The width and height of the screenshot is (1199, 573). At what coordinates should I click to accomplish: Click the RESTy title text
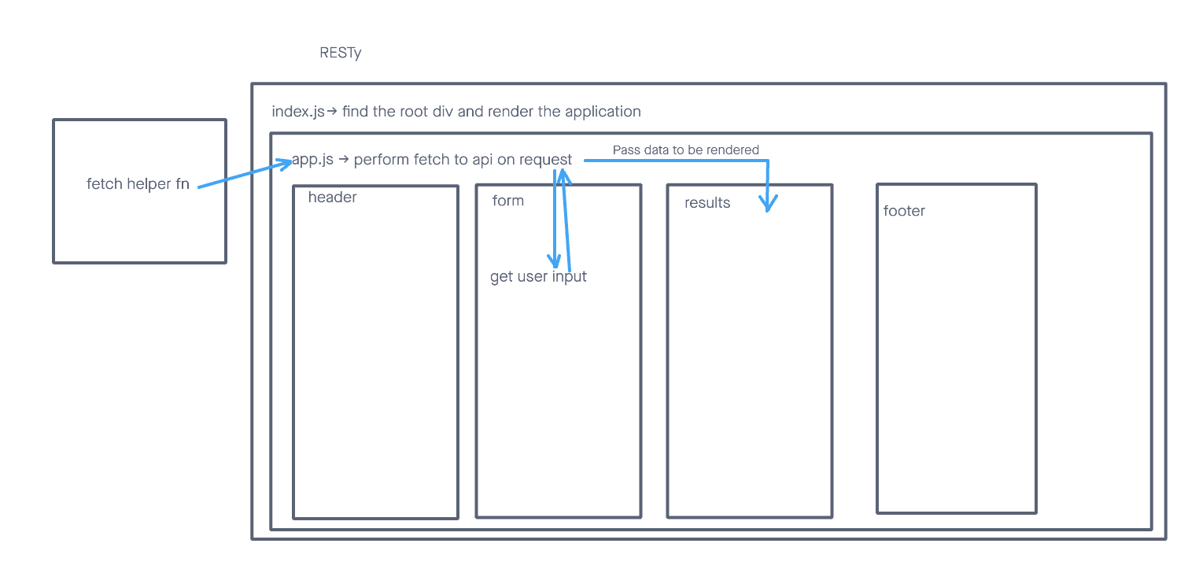[x=340, y=54]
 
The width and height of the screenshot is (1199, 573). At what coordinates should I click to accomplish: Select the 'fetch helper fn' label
[x=138, y=184]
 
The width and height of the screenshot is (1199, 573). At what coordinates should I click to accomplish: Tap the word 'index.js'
[x=297, y=112]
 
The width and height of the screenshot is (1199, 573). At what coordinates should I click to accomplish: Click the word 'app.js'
[x=312, y=160]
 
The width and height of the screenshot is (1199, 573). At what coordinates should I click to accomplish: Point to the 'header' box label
[x=332, y=198]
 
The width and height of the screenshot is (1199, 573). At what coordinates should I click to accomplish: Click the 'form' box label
[x=507, y=201]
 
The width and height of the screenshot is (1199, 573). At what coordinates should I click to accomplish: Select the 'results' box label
[x=707, y=203]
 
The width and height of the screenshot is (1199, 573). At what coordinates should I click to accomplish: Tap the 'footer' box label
[x=904, y=211]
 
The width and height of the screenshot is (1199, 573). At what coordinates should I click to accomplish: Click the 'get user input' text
[x=538, y=277]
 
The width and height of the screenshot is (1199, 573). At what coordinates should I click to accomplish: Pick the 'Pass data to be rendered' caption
[x=686, y=150]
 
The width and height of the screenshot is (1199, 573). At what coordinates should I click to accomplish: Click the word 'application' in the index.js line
[x=602, y=112]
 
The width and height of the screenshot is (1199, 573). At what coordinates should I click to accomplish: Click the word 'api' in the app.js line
[x=483, y=160]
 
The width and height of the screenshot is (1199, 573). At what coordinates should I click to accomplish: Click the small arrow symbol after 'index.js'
[x=331, y=112]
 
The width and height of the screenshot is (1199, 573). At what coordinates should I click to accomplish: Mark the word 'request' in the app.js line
[x=545, y=160]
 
